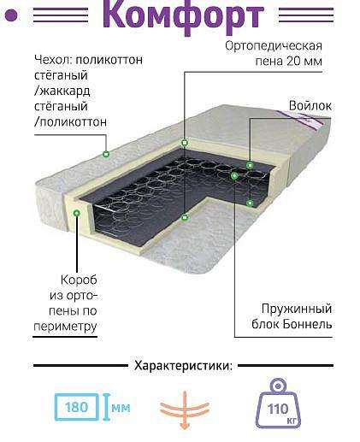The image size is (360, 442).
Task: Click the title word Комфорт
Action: [183, 15]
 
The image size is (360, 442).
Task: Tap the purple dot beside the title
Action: [11, 15]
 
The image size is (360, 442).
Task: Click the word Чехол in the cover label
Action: [53, 60]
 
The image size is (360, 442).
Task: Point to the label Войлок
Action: [310, 106]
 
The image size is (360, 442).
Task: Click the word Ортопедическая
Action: [274, 46]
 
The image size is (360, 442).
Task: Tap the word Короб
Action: [79, 280]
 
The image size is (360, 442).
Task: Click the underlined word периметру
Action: [65, 327]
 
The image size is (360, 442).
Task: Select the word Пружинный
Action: [297, 309]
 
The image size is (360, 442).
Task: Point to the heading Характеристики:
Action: [183, 366]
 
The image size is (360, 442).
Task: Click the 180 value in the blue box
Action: [76, 407]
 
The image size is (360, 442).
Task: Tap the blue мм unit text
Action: [121, 408]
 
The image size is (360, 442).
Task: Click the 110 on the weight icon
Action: [278, 410]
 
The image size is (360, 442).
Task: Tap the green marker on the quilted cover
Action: [106, 154]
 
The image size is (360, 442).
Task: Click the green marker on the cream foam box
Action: [76, 213]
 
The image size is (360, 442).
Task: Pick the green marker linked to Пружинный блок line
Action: [234, 176]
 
